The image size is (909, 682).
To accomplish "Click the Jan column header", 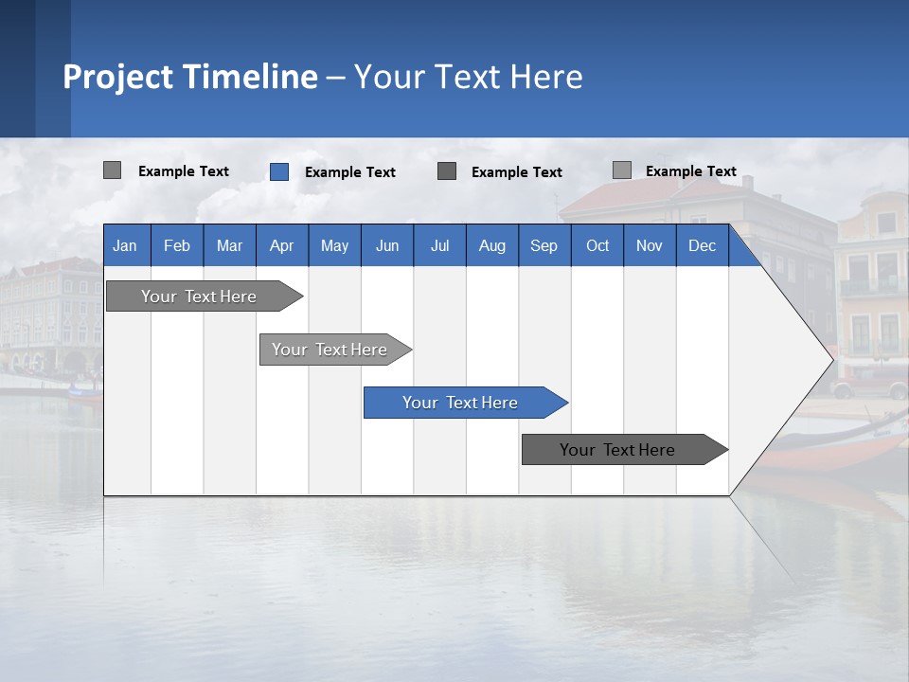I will pos(125,245).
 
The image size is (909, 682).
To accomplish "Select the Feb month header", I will pos(177,245).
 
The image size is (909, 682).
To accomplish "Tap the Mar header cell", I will pos(229,245).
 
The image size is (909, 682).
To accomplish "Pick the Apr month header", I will pos(282,245).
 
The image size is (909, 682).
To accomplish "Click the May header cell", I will pos(334,245).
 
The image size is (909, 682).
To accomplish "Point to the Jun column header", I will pos(387,245).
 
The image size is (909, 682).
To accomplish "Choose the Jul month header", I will pos(439,245).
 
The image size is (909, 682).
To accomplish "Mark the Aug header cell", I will pos(492,245).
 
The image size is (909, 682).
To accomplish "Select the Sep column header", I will pos(544,245).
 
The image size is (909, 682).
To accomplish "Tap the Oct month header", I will pos(597,245).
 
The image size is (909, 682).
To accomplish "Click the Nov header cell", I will pos(650,245).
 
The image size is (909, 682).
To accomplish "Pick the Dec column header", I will pos(703,245).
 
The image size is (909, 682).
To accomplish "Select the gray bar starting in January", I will pos(200,296).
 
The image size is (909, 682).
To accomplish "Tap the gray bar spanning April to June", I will pos(330,350).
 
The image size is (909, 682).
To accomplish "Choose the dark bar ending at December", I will pos(618,450).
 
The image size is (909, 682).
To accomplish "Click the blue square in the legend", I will pos(279,171).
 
